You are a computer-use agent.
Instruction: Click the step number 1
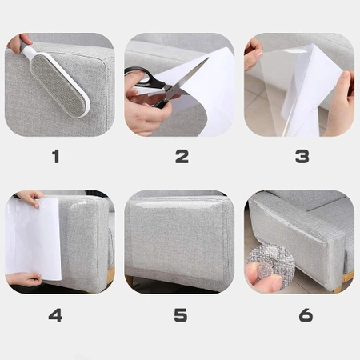click(55, 157)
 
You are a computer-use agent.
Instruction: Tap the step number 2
click(182, 157)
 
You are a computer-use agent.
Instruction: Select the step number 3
click(302, 157)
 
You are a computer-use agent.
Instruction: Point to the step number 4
click(55, 315)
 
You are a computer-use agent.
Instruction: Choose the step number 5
click(182, 315)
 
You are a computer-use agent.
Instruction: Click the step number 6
click(305, 315)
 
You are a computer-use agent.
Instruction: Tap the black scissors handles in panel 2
click(144, 81)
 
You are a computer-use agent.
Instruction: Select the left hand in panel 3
click(253, 54)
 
